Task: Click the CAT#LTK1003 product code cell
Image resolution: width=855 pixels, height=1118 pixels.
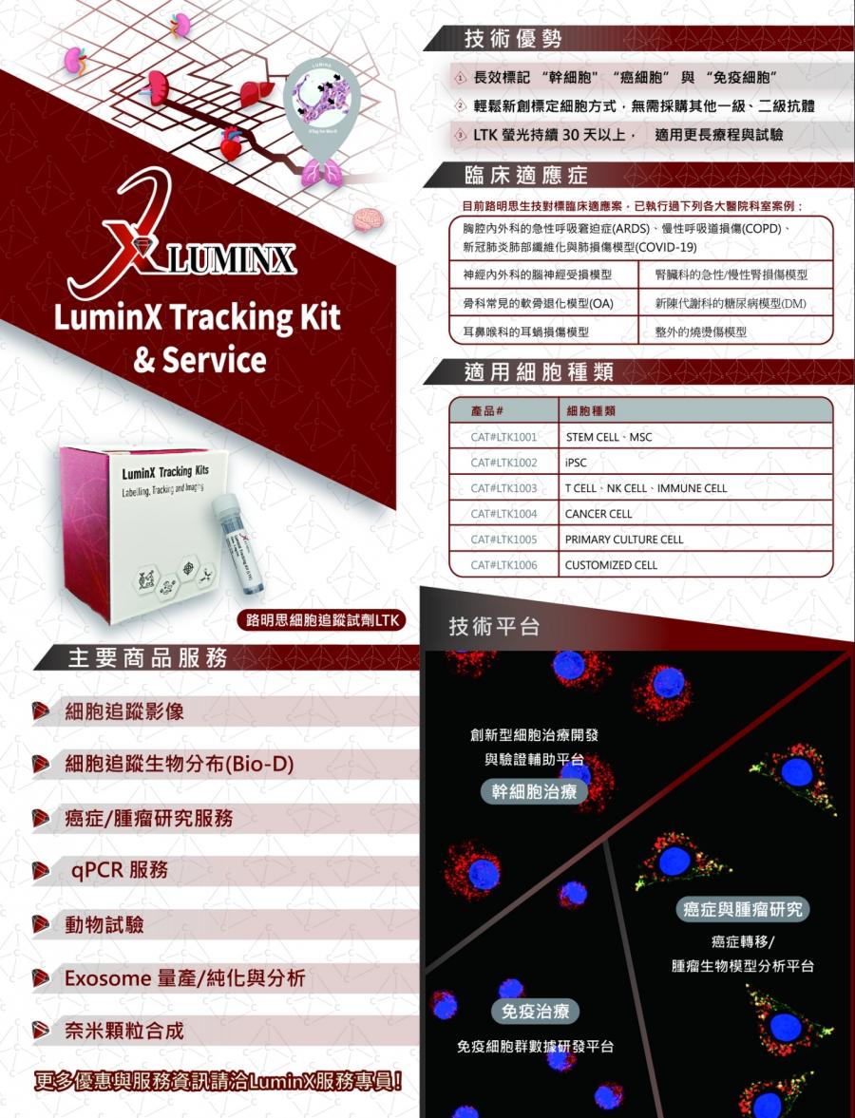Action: [x=503, y=488]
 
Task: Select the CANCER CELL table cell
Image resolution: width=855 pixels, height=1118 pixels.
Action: [x=598, y=514]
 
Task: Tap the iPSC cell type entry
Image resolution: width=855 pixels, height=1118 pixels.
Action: [x=576, y=463]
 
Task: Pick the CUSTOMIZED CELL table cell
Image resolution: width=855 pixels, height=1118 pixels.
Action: [x=611, y=565]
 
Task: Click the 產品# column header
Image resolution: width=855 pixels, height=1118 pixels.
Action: [x=486, y=410]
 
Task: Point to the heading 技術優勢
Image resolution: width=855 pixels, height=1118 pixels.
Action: [x=512, y=39]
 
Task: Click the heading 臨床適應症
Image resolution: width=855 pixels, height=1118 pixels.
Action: [x=525, y=176]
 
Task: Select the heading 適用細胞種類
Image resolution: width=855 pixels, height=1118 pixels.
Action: [x=539, y=372]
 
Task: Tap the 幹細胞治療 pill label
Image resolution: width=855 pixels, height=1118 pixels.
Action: [x=533, y=791]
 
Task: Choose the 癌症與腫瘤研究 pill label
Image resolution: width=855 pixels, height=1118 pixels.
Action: [x=743, y=909]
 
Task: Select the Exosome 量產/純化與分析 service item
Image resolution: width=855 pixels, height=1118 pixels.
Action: [x=184, y=977]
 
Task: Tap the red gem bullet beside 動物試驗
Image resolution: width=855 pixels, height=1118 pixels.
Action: [x=41, y=924]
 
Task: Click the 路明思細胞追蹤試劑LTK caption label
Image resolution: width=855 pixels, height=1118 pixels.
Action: [x=321, y=620]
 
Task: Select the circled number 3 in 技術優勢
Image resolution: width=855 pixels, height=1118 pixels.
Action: [x=459, y=136]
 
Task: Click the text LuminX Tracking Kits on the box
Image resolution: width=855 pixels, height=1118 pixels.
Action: [x=164, y=472]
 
